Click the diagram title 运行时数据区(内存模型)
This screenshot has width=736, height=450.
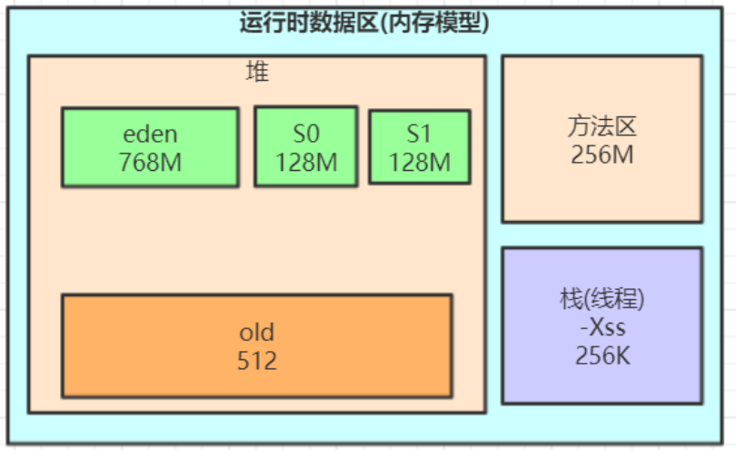[x=364, y=22]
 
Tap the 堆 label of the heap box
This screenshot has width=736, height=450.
[x=257, y=72]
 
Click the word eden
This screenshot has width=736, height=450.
[x=150, y=135]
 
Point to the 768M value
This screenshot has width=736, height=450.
[x=150, y=162]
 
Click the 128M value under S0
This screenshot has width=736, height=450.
[x=306, y=162]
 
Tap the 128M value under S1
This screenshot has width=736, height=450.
[x=419, y=162]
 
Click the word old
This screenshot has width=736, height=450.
[x=256, y=332]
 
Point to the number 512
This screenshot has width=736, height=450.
[x=256, y=361]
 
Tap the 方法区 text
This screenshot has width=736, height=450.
[x=602, y=126]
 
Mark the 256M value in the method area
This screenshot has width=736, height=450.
[x=602, y=155]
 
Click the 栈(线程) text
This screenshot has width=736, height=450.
[x=602, y=299]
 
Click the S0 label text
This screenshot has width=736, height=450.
[x=306, y=135]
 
